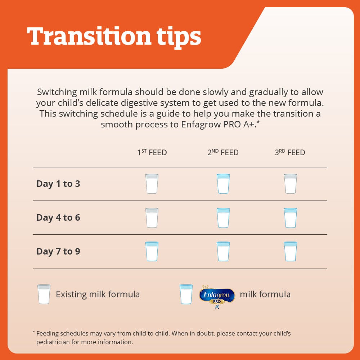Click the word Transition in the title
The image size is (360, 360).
[89, 36]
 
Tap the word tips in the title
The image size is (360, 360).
[179, 37]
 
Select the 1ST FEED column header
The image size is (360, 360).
[152, 152]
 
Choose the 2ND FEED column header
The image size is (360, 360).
[223, 152]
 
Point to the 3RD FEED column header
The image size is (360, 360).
[290, 152]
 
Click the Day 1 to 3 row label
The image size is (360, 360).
[58, 184]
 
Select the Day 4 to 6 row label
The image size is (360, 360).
[58, 218]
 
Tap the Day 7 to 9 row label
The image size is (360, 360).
[58, 251]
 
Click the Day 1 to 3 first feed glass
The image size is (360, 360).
[152, 184]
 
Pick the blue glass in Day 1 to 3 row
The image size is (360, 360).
[223, 184]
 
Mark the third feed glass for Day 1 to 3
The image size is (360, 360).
[291, 184]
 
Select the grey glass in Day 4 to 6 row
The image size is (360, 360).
[152, 218]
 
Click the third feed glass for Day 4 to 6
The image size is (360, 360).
[291, 218]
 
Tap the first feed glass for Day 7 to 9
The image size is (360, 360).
[152, 251]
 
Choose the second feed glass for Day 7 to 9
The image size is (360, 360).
[223, 251]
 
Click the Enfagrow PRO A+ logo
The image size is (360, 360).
[217, 297]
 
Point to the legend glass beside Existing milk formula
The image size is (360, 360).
[44, 294]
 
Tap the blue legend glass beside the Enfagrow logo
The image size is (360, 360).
[186, 294]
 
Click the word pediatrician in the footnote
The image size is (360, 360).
[53, 342]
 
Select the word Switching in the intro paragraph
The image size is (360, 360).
[57, 92]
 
